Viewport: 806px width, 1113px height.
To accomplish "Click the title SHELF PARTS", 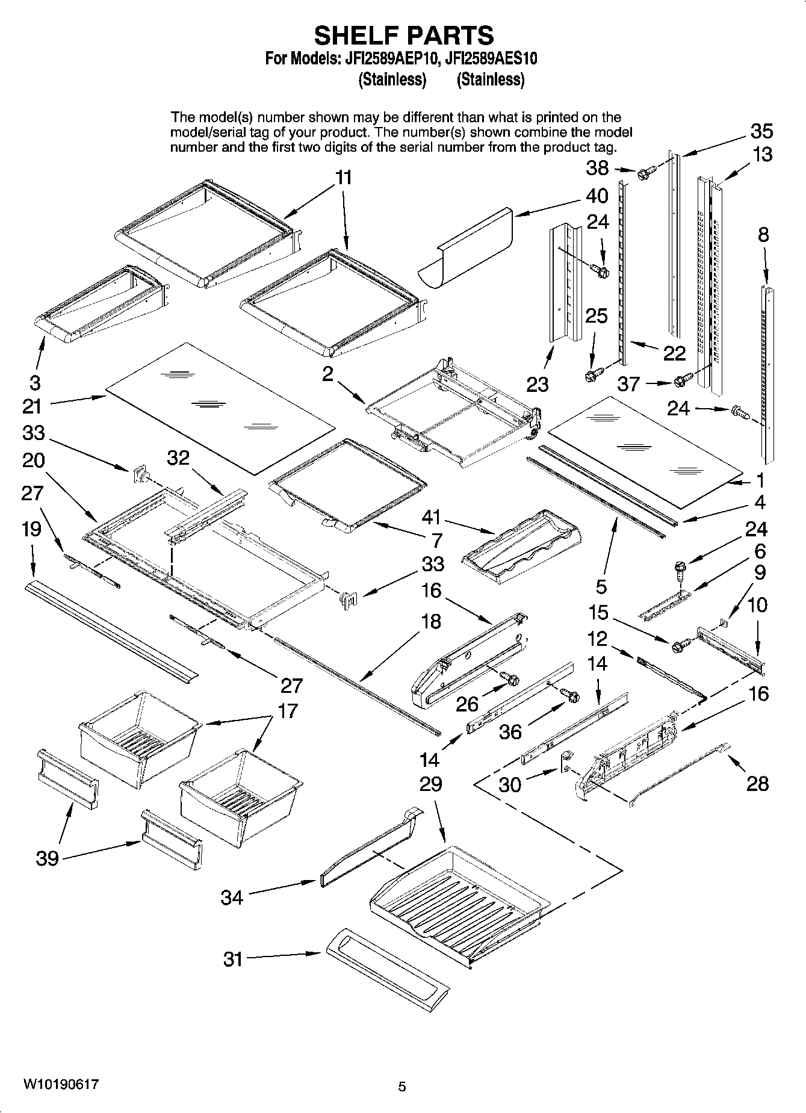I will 403,36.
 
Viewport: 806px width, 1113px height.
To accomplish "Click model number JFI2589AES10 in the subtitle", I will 487,59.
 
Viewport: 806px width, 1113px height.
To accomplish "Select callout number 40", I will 597,196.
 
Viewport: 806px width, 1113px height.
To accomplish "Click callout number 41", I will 431,517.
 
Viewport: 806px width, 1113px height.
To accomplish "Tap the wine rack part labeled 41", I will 522,545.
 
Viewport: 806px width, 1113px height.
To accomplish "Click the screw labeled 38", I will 643,173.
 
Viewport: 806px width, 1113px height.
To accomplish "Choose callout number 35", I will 761,131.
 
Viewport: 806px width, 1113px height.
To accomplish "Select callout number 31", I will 232,959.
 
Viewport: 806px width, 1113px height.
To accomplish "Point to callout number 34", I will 232,898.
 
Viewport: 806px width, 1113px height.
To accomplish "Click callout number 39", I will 48,858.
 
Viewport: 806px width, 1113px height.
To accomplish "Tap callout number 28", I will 757,783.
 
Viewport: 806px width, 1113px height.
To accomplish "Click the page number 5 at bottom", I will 402,1087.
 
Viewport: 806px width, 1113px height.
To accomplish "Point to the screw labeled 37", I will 682,380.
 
